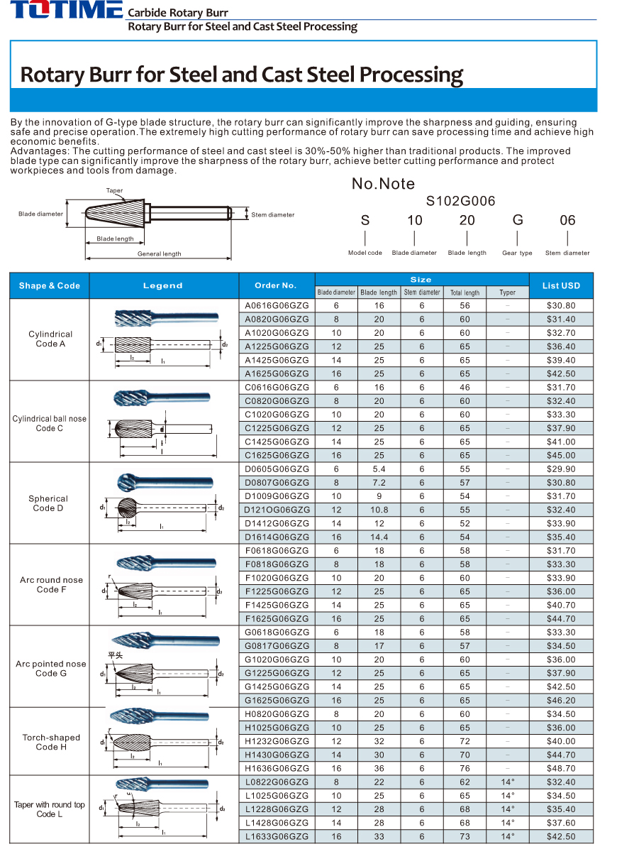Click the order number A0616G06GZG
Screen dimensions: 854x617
pyautogui.click(x=277, y=305)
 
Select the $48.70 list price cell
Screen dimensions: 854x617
pyautogui.click(x=561, y=768)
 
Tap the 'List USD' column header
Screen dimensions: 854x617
pyautogui.click(x=561, y=285)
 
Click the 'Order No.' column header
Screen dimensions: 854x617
pyautogui.click(x=276, y=285)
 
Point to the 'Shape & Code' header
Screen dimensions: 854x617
pyautogui.click(x=50, y=285)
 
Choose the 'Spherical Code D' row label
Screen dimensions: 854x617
pyautogui.click(x=49, y=503)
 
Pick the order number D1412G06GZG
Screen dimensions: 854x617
pyautogui.click(x=277, y=523)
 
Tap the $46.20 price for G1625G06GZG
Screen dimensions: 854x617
pyautogui.click(x=561, y=700)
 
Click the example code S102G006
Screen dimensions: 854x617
pyautogui.click(x=460, y=202)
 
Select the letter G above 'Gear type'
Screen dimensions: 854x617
pyautogui.click(x=517, y=220)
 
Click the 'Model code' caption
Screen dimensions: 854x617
pyautogui.click(x=365, y=253)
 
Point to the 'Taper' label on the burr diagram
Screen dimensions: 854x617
pyautogui.click(x=114, y=191)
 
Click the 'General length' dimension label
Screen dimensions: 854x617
pyautogui.click(x=159, y=253)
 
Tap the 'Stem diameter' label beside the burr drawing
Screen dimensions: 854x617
pyautogui.click(x=272, y=214)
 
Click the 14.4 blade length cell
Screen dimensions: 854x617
pyautogui.click(x=379, y=537)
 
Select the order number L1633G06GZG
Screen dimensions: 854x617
pyautogui.click(x=277, y=836)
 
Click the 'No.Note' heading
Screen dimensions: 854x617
pyautogui.click(x=383, y=184)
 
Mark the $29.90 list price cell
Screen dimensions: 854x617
pyautogui.click(x=561, y=469)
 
